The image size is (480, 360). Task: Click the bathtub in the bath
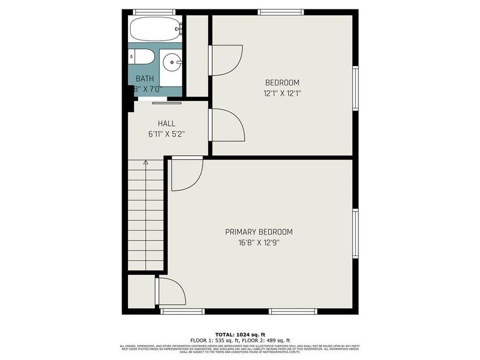pyautogui.click(x=154, y=29)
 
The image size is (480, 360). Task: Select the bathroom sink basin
pyautogui.click(x=172, y=63)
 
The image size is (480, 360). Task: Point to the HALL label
pyautogui.click(x=166, y=124)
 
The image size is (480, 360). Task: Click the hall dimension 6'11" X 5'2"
pyautogui.click(x=166, y=134)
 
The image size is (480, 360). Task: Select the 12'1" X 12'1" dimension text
pyautogui.click(x=282, y=93)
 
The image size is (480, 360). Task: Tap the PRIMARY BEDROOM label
pyautogui.click(x=259, y=232)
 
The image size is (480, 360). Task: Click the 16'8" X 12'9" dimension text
pyautogui.click(x=259, y=243)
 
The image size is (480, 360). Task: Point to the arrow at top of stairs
pyautogui.click(x=146, y=162)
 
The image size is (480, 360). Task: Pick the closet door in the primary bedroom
pyautogui.click(x=171, y=291)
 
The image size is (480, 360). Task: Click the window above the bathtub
pyautogui.click(x=154, y=12)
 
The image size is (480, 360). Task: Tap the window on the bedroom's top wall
pyautogui.click(x=281, y=12)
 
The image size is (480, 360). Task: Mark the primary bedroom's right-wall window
pyautogui.click(x=355, y=234)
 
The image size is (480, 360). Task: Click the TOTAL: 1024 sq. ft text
pyautogui.click(x=239, y=334)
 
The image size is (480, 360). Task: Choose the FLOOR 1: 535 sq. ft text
pyautogui.click(x=213, y=340)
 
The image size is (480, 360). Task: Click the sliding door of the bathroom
pyautogui.click(x=166, y=102)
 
